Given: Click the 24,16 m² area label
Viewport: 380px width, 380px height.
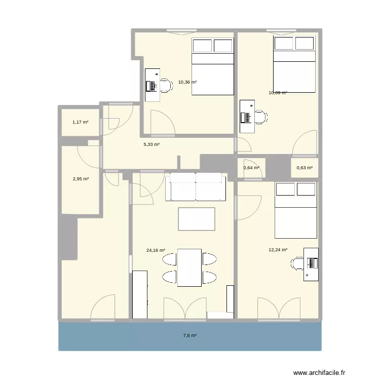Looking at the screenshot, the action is coord(156,250).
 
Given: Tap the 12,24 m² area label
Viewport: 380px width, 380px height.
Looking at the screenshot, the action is coord(278,250).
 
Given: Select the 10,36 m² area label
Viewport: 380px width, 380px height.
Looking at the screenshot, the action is coord(187,82).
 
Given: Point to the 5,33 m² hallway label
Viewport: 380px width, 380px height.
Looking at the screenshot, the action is coord(151,144).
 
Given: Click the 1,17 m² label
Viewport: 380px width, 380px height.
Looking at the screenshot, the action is coord(81,122).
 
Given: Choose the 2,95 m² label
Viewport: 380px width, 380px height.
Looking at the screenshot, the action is coord(81,179).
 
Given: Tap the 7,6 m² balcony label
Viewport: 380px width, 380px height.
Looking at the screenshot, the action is coord(190,335).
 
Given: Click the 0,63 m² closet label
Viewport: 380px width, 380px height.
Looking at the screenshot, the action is coord(305,168).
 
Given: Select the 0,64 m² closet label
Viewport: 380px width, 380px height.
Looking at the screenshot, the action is coord(251,168).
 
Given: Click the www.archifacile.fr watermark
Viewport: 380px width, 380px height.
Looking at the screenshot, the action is coord(319,372).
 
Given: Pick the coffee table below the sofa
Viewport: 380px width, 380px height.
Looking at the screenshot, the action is coord(197,219).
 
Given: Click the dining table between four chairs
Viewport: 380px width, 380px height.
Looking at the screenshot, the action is coord(189,268).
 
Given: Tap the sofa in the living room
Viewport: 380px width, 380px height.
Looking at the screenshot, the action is coord(196,187).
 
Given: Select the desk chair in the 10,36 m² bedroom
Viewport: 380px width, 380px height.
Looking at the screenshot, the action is coord(166,85).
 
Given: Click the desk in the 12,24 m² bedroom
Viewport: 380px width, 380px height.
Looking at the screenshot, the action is coord(311,264).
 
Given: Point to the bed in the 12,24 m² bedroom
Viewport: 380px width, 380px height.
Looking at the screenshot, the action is coord(296,210).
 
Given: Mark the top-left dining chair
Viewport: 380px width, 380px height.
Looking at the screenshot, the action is coord(169,259).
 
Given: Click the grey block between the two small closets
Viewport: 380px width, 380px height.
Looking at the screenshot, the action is coord(278,168).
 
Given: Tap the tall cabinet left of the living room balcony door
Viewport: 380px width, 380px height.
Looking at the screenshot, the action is coord(140,294).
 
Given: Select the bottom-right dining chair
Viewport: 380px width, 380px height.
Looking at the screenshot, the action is coord(210,277).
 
